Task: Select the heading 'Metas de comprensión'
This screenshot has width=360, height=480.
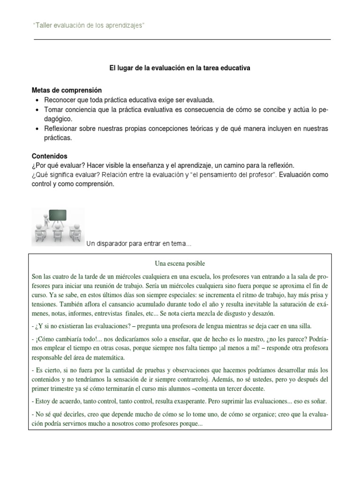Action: click(67, 90)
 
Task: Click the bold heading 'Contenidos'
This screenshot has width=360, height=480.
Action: click(50, 156)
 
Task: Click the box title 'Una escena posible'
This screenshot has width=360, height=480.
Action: click(180, 263)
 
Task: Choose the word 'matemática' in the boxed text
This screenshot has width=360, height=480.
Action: click(107, 358)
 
